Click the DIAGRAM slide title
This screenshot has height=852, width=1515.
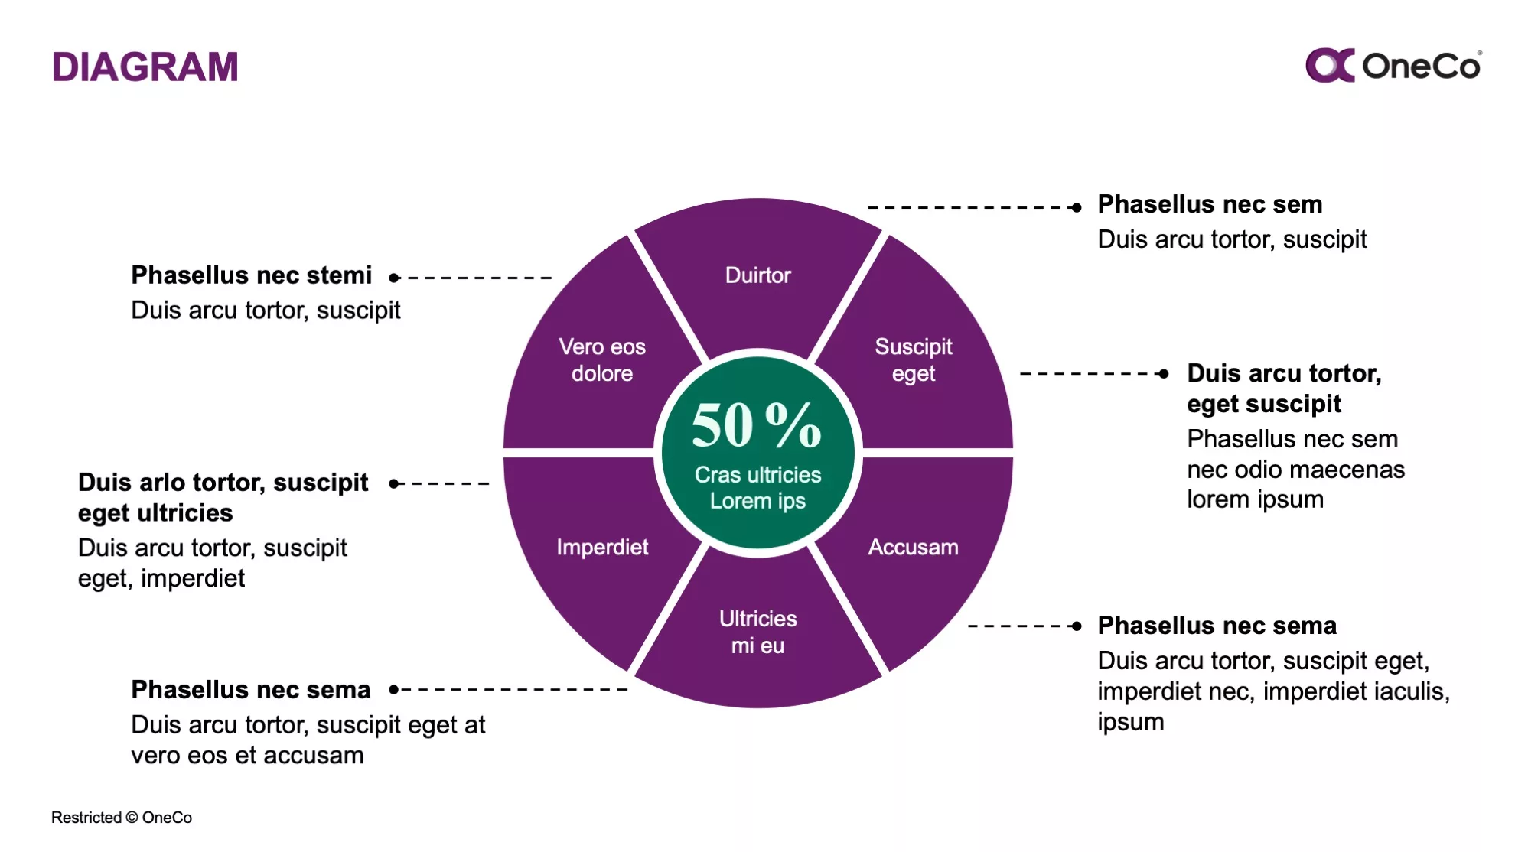coord(145,67)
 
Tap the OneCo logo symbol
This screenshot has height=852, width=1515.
coord(1330,65)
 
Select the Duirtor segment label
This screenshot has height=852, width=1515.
coord(757,275)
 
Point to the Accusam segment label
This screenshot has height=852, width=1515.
coord(913,547)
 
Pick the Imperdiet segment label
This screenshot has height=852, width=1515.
coord(602,547)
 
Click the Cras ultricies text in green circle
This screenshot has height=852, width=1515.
coord(757,475)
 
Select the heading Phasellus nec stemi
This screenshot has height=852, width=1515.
coord(251,275)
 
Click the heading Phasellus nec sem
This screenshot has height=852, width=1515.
coord(1210,204)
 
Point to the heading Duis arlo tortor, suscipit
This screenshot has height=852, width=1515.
coord(223,483)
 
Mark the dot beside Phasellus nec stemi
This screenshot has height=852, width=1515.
coord(394,278)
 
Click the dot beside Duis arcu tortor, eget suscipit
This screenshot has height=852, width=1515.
coord(1164,374)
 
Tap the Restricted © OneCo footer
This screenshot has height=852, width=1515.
coord(122,818)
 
